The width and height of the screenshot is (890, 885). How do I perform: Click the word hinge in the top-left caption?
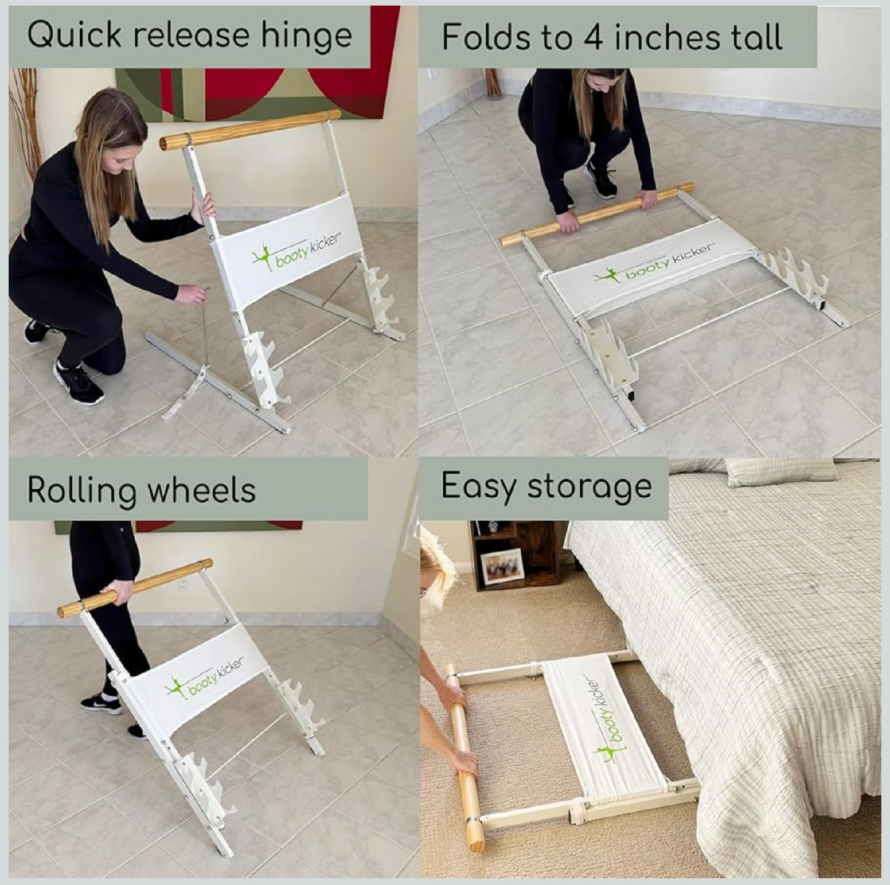tap(307, 36)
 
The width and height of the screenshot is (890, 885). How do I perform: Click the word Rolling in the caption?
tap(82, 492)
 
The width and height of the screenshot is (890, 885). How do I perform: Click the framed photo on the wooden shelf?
tap(502, 568)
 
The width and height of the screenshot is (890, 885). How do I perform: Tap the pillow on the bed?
tap(781, 472)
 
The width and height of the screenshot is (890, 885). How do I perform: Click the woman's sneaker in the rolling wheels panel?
tap(101, 703)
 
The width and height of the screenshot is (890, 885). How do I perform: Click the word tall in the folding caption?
tap(758, 37)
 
